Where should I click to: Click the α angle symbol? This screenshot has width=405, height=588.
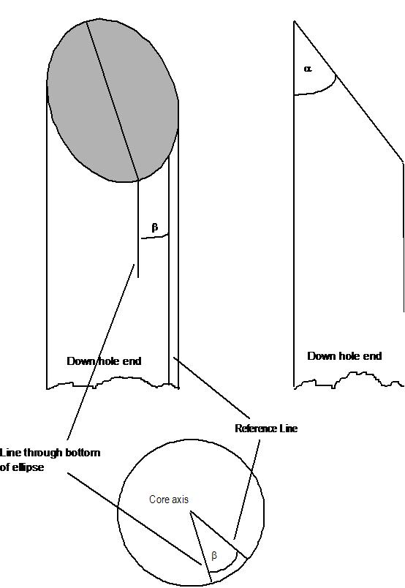(308, 69)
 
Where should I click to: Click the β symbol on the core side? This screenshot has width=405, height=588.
(154, 227)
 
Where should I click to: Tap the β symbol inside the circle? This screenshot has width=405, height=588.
(214, 556)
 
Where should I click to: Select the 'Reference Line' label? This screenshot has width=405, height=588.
(266, 429)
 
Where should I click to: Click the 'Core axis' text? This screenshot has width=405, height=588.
(169, 499)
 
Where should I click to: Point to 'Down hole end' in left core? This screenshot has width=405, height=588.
(104, 361)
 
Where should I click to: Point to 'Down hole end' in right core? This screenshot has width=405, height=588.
(344, 356)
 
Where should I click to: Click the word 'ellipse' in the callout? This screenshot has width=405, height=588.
(28, 467)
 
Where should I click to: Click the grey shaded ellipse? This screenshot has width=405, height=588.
(113, 99)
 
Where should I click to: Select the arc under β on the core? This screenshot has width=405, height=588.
(154, 237)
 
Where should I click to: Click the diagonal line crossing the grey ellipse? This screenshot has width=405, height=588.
(113, 100)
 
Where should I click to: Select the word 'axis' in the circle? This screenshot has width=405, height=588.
(181, 500)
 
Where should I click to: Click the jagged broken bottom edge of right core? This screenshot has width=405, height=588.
(349, 379)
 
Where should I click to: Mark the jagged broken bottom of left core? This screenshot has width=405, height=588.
(113, 382)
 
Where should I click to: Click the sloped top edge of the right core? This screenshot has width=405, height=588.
(349, 92)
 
